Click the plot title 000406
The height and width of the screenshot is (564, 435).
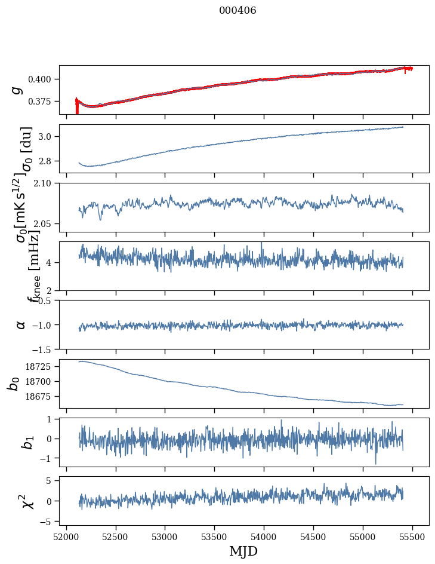pos(237,11)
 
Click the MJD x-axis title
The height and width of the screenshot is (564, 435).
pos(243,551)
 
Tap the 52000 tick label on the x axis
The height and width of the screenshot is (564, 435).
pos(66,536)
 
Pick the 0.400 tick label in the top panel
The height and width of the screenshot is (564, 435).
pos(44,79)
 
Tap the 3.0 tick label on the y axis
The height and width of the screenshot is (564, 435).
pos(48,137)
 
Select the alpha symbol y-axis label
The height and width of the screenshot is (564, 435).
pos(21,324)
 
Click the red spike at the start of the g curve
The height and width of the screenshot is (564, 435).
pos(77,108)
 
